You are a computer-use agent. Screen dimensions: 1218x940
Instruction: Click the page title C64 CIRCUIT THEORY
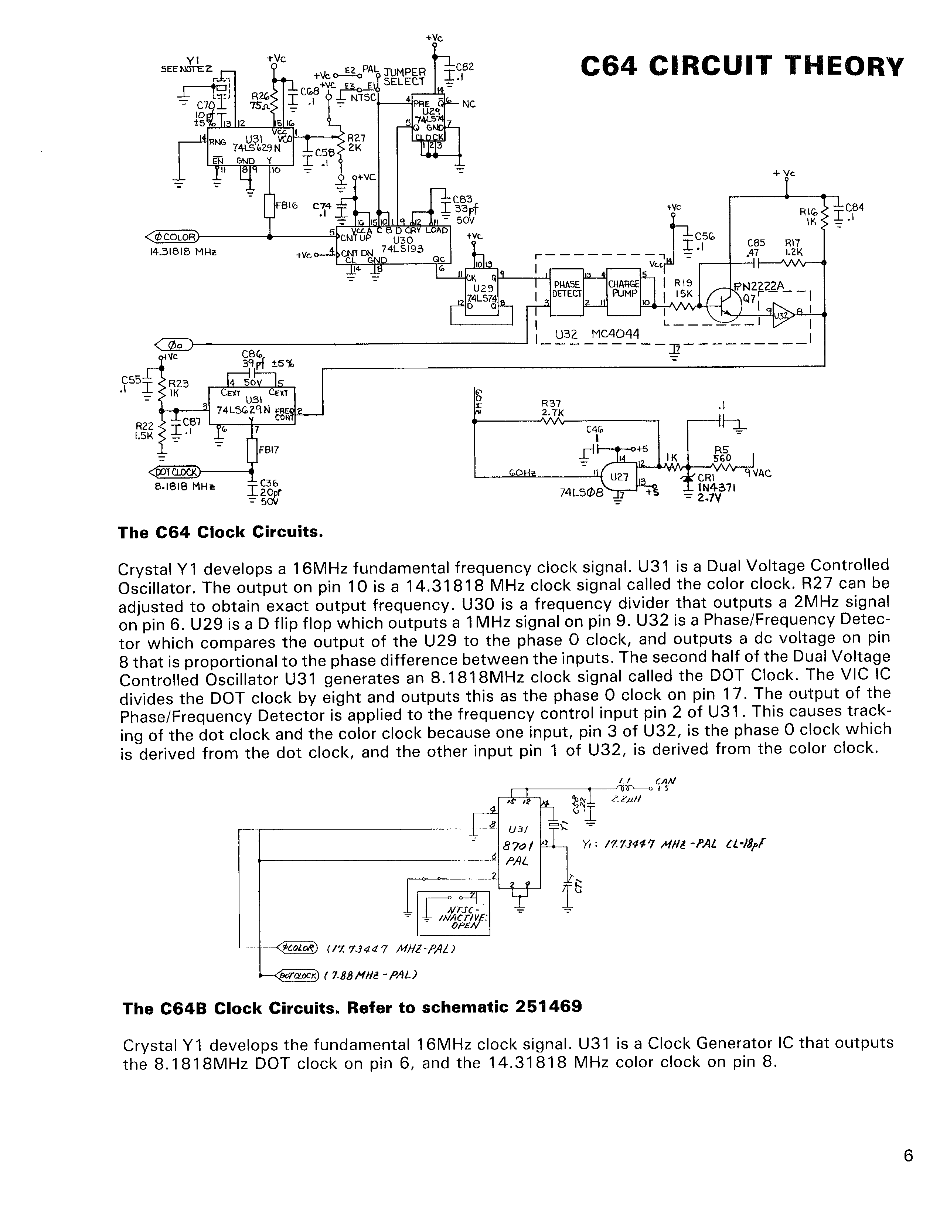tap(742, 67)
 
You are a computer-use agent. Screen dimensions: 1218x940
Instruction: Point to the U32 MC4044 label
tap(597, 334)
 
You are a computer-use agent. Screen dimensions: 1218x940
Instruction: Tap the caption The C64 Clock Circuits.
tap(220, 532)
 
